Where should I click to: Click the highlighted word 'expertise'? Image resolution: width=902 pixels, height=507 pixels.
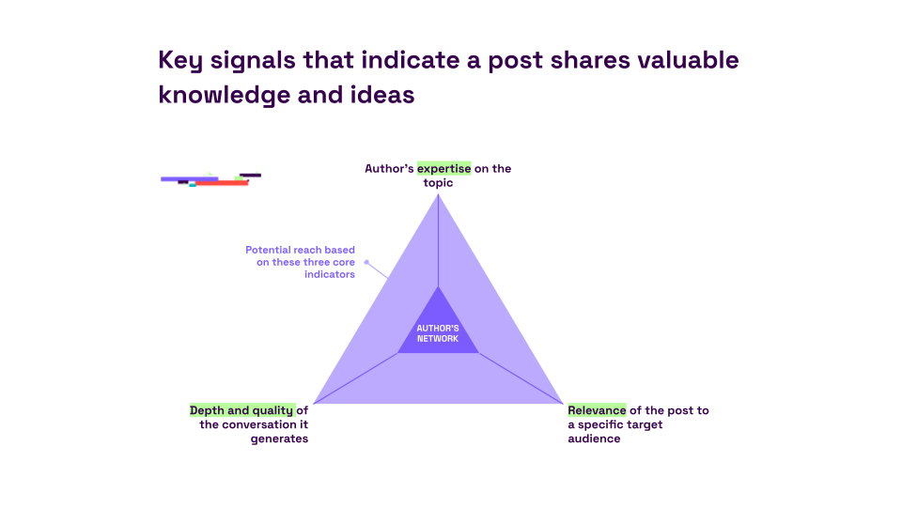pyautogui.click(x=443, y=169)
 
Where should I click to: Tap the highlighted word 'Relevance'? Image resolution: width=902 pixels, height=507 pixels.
pyautogui.click(x=597, y=410)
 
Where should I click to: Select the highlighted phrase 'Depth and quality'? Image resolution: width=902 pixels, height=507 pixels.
pyautogui.click(x=241, y=410)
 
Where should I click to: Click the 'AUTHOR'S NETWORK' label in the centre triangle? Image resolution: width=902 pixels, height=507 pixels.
pyautogui.click(x=438, y=333)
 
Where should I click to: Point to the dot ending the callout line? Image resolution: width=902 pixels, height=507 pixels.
pyautogui.click(x=366, y=262)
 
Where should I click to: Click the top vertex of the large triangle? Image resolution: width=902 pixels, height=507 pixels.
pyautogui.click(x=438, y=194)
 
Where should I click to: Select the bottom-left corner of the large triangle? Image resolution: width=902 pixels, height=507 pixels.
pyautogui.click(x=314, y=404)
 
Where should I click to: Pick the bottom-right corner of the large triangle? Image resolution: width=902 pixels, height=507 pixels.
pyautogui.click(x=562, y=404)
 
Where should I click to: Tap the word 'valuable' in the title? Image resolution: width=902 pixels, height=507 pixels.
pyautogui.click(x=688, y=61)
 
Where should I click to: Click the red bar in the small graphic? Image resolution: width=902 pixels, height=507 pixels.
pyautogui.click(x=223, y=184)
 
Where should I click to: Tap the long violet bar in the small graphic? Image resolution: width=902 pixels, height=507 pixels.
pyautogui.click(x=188, y=178)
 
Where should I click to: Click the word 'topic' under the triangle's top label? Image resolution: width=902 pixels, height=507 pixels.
pyautogui.click(x=438, y=183)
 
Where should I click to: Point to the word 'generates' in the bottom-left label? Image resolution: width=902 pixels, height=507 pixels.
pyautogui.click(x=279, y=438)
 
